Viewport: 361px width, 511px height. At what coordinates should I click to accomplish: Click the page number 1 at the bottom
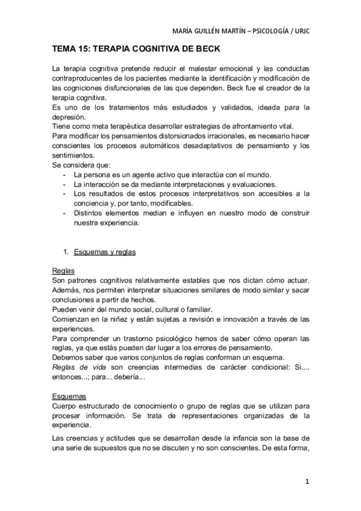[x=307, y=481]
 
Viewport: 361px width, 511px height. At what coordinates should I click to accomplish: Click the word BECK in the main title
[x=204, y=49]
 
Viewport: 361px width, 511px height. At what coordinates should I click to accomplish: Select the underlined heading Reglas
[x=63, y=271]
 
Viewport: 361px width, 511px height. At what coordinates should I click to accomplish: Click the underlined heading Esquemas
[x=69, y=397]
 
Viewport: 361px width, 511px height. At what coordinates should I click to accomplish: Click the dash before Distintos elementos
[x=64, y=213]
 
